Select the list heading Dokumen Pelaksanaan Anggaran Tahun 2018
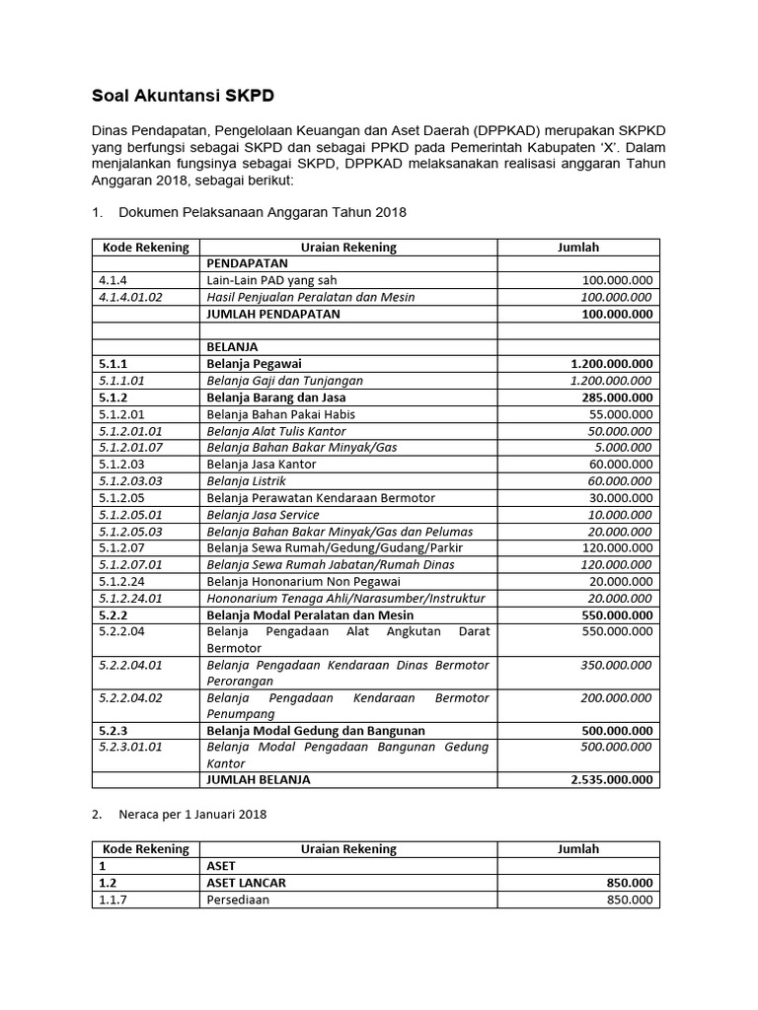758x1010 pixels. pyautogui.click(x=262, y=212)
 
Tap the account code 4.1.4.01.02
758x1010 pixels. pyautogui.click(x=130, y=297)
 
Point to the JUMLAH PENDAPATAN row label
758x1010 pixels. pyautogui.click(x=272, y=314)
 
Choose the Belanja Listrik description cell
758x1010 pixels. pyautogui.click(x=246, y=481)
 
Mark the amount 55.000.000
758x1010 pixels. pyautogui.click(x=616, y=414)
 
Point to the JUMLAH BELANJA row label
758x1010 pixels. pyautogui.click(x=258, y=779)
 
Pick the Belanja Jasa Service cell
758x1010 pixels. pyautogui.click(x=263, y=515)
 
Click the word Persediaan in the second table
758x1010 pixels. pyautogui.click(x=238, y=900)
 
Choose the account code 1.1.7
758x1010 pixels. pyautogui.click(x=115, y=900)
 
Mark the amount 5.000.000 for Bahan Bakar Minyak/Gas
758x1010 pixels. pyautogui.click(x=619, y=448)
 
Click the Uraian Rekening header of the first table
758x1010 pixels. pyautogui.click(x=349, y=248)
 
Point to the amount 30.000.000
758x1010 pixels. pyautogui.click(x=616, y=498)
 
